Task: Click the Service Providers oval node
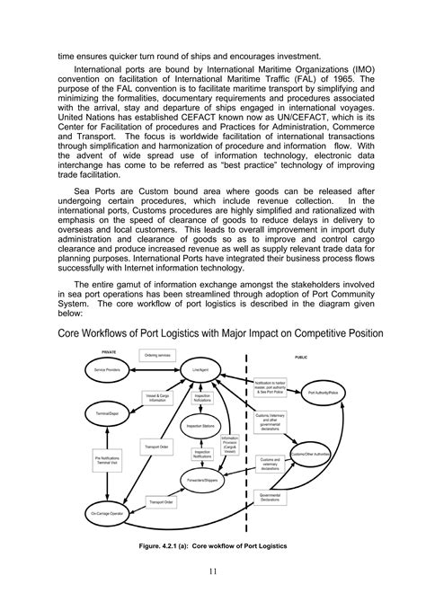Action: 108,369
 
